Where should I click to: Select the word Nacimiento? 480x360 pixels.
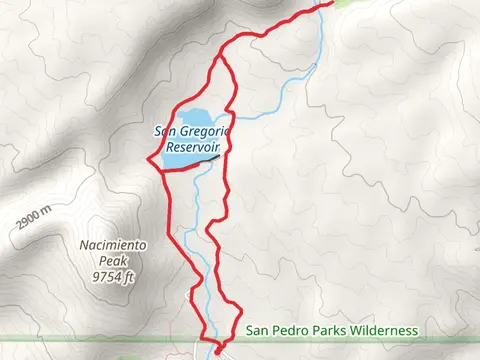tap(113, 245)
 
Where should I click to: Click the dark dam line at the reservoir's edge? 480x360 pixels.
tap(207, 157)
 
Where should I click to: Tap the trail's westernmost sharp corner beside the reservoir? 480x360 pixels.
tap(148, 160)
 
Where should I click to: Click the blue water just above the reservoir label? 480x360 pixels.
tap(193, 116)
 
